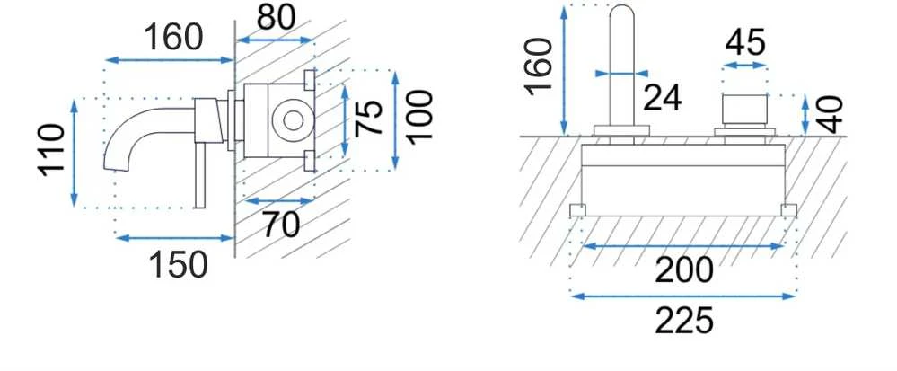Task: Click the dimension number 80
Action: point(276,18)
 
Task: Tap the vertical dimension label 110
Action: point(51,150)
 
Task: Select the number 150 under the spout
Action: point(178,265)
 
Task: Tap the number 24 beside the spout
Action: point(662,98)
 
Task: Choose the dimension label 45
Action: point(745,42)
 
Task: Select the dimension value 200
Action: point(683,270)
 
